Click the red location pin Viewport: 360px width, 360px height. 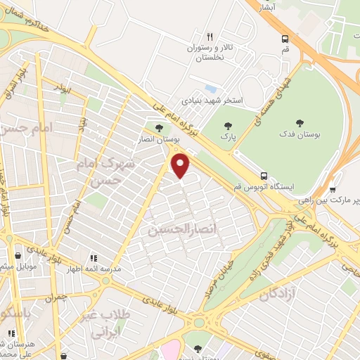pos(181,166)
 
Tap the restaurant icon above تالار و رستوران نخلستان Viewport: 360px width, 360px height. pos(209,37)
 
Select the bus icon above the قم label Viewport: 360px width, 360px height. pos(285,39)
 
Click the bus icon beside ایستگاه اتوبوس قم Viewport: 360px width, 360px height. pos(264,176)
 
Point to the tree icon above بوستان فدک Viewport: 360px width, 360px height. pos(300,122)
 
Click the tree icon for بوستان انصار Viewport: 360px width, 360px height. pos(158,129)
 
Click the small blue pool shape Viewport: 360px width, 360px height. pos(211,89)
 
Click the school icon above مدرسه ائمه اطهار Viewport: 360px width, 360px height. pos(94,258)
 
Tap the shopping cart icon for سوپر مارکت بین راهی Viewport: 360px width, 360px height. pos(333,190)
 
